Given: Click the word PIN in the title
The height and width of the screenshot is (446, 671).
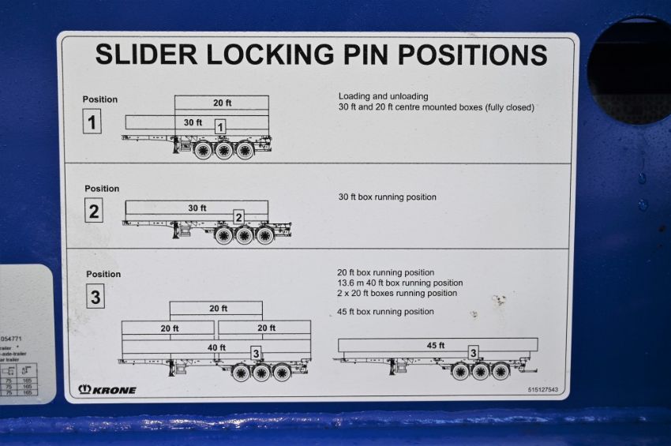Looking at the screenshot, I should (362, 54).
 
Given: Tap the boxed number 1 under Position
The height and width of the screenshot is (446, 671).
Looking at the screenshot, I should (92, 122).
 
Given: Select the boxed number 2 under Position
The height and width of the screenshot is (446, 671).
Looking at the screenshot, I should (94, 211).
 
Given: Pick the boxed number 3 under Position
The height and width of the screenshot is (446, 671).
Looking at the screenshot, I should (95, 297).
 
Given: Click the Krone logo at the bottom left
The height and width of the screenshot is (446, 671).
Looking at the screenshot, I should (107, 390).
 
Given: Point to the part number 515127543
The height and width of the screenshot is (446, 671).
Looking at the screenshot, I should (543, 390).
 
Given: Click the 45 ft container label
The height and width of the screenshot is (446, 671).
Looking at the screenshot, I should (436, 345).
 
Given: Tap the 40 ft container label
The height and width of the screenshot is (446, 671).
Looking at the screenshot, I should (216, 347).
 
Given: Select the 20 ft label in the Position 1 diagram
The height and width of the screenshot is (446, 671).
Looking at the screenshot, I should (222, 103).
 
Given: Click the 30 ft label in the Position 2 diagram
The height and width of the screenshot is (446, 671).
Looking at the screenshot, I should (197, 208).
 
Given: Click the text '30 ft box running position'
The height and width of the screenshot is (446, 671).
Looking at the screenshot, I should (387, 197).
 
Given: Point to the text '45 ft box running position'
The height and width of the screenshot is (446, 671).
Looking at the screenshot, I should (385, 312).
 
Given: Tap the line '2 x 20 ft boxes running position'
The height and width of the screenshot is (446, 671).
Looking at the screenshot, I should (397, 293).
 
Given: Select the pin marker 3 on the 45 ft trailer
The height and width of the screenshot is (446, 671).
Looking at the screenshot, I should (473, 352).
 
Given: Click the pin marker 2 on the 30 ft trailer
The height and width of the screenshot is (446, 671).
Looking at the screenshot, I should (238, 217).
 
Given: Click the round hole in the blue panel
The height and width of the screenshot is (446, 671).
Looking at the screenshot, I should (631, 71).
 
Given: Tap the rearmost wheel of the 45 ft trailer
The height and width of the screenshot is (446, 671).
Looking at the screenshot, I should (500, 371).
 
